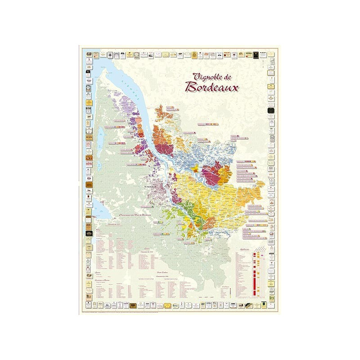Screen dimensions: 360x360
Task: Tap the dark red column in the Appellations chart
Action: (255, 274)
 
